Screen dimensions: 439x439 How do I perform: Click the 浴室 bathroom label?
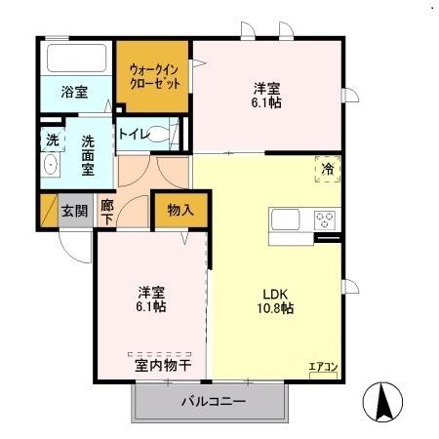click(74, 92)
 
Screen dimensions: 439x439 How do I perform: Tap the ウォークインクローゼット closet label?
click(155, 76)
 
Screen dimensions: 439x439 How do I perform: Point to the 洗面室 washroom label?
click(87, 154)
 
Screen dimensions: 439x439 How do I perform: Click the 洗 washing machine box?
click(52, 140)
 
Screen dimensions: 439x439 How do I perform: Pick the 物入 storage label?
click(180, 210)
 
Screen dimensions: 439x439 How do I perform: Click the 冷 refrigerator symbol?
click(328, 169)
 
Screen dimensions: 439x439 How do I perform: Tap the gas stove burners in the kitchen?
click(325, 220)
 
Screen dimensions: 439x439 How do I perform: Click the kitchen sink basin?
click(288, 219)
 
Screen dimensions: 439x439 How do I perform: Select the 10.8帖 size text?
click(274, 308)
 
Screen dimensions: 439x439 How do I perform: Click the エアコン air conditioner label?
click(323, 367)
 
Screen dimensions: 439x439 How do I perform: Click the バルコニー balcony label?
click(213, 401)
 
